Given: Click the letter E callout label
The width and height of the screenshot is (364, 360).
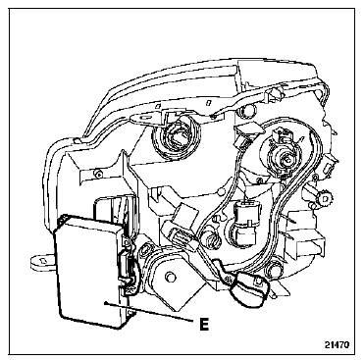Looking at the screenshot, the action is pos(204,324).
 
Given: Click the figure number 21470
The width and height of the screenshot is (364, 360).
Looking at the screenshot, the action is pos(338,344).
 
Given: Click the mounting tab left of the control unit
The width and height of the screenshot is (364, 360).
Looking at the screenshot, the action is pos(42,262).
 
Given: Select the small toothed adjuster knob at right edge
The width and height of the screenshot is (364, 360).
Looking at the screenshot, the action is pos(325,198).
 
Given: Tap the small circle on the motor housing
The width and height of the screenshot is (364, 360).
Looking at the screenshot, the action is pos(169,277).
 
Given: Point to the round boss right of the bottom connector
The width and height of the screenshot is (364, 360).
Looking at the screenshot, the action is pos(274,269).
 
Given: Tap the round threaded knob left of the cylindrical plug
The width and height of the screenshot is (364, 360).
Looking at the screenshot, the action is pos(211,240).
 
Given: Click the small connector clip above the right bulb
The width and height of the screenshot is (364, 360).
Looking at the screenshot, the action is pos(247,133).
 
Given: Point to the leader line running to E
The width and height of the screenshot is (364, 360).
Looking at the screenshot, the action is pos(148,311).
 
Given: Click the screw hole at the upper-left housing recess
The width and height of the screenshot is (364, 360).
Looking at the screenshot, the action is pos(97,173).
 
